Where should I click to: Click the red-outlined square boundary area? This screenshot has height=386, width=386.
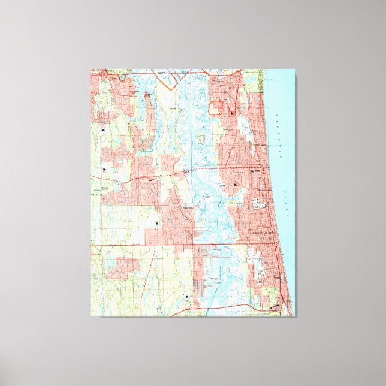coord(215,108)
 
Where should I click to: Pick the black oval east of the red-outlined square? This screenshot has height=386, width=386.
coord(232,111)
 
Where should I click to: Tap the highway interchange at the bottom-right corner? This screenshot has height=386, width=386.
coord(276,307)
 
